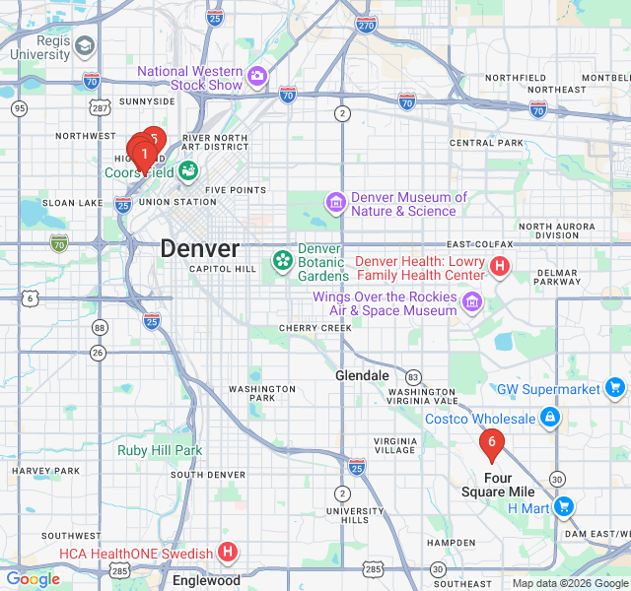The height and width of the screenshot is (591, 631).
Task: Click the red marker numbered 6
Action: click(491, 442)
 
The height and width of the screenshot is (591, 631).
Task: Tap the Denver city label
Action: click(199, 248)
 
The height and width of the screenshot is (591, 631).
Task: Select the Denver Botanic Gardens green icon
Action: click(283, 261)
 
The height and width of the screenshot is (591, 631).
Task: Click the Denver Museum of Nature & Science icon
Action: click(336, 204)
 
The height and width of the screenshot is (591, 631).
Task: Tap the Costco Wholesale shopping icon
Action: click(550, 420)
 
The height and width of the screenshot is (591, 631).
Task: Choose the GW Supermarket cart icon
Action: click(615, 389)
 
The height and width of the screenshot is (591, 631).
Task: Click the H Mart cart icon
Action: click(563, 507)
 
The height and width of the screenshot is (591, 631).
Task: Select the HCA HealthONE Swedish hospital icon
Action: click(228, 553)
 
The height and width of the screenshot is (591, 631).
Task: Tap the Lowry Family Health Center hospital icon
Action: click(500, 266)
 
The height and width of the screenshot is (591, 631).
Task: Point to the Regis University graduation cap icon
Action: click(86, 46)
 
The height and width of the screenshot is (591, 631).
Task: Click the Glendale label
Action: click(362, 376)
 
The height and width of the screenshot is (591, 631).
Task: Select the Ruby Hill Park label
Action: click(160, 450)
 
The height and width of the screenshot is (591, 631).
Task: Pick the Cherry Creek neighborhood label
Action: click(308, 328)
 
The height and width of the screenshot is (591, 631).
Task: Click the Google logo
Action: click(33, 579)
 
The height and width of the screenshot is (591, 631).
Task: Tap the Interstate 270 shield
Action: click(366, 27)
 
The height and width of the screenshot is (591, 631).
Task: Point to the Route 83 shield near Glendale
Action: click(413, 377)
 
